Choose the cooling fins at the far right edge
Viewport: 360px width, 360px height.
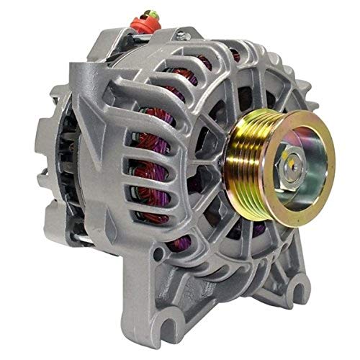point(317,108)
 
